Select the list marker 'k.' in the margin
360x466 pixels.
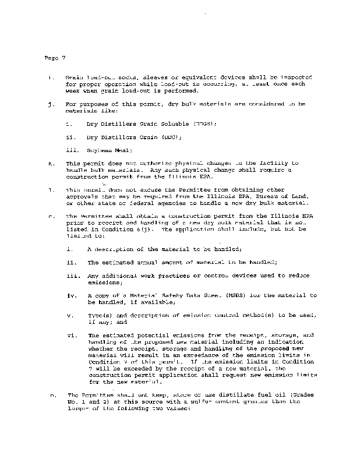click(x=51, y=164)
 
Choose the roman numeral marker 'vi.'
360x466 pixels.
click(x=73, y=336)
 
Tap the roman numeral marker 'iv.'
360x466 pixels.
click(x=73, y=295)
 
